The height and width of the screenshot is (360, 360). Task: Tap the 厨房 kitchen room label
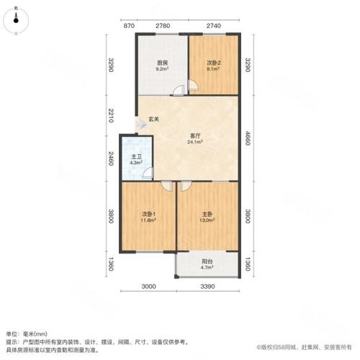163,63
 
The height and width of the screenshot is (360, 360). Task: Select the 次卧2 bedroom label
214,63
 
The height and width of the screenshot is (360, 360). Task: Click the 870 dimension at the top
129,26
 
